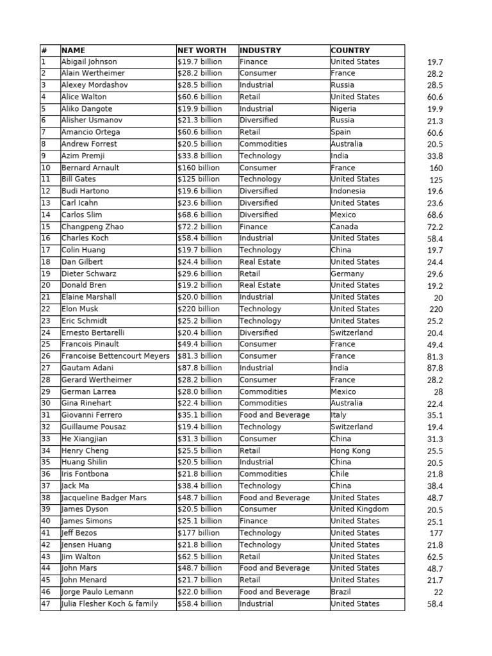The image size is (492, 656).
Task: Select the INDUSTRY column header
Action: click(260, 50)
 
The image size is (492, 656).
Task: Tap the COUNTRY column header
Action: click(350, 50)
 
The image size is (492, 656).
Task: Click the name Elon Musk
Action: click(80, 309)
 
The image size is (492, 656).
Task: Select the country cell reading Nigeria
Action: click(344, 109)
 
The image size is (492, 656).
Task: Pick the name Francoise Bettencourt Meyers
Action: click(116, 356)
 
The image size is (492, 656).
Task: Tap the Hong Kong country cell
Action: click(350, 450)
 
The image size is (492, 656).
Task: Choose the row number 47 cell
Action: click(46, 603)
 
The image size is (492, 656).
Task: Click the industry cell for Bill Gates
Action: click(260, 179)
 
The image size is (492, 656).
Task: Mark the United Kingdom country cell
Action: click(359, 509)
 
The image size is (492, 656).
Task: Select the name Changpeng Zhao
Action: click(93, 227)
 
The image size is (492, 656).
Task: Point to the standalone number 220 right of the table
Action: click(436, 309)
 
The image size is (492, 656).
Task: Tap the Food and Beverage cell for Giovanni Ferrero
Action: click(274, 415)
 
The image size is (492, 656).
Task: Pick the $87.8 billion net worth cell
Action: click(200, 368)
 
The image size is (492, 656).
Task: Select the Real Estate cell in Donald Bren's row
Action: click(260, 285)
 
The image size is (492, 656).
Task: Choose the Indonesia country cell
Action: click(348, 191)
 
